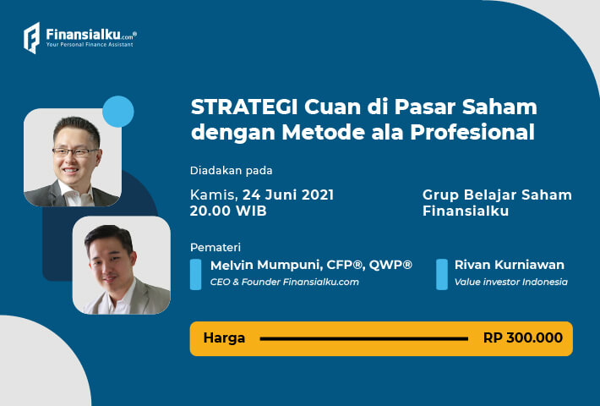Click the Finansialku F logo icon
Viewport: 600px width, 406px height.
[x=32, y=37]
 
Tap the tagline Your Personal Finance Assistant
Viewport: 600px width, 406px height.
[x=90, y=45]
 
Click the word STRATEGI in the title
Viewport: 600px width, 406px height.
[x=244, y=107]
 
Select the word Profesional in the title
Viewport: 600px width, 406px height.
[x=472, y=132]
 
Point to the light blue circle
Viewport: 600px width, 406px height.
[x=118, y=112]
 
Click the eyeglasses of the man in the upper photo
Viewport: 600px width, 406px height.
[x=76, y=152]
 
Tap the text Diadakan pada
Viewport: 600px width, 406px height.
[x=231, y=171]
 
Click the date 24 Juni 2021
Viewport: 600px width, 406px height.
[x=288, y=195]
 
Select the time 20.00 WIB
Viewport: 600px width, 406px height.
[x=228, y=211]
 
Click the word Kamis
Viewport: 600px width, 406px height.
[x=214, y=195]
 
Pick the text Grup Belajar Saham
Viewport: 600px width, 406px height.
[x=497, y=195]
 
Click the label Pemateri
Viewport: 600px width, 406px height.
[x=215, y=248]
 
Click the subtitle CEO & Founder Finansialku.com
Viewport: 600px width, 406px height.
[x=284, y=282]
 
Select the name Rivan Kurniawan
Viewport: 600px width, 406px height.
[x=510, y=265]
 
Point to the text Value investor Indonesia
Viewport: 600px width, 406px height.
[x=510, y=282]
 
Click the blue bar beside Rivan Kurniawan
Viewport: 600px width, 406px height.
[x=442, y=274]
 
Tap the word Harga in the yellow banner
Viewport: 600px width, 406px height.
[x=224, y=337]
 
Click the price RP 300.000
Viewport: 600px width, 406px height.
[x=523, y=337]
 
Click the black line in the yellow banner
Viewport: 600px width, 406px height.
[x=364, y=338]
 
